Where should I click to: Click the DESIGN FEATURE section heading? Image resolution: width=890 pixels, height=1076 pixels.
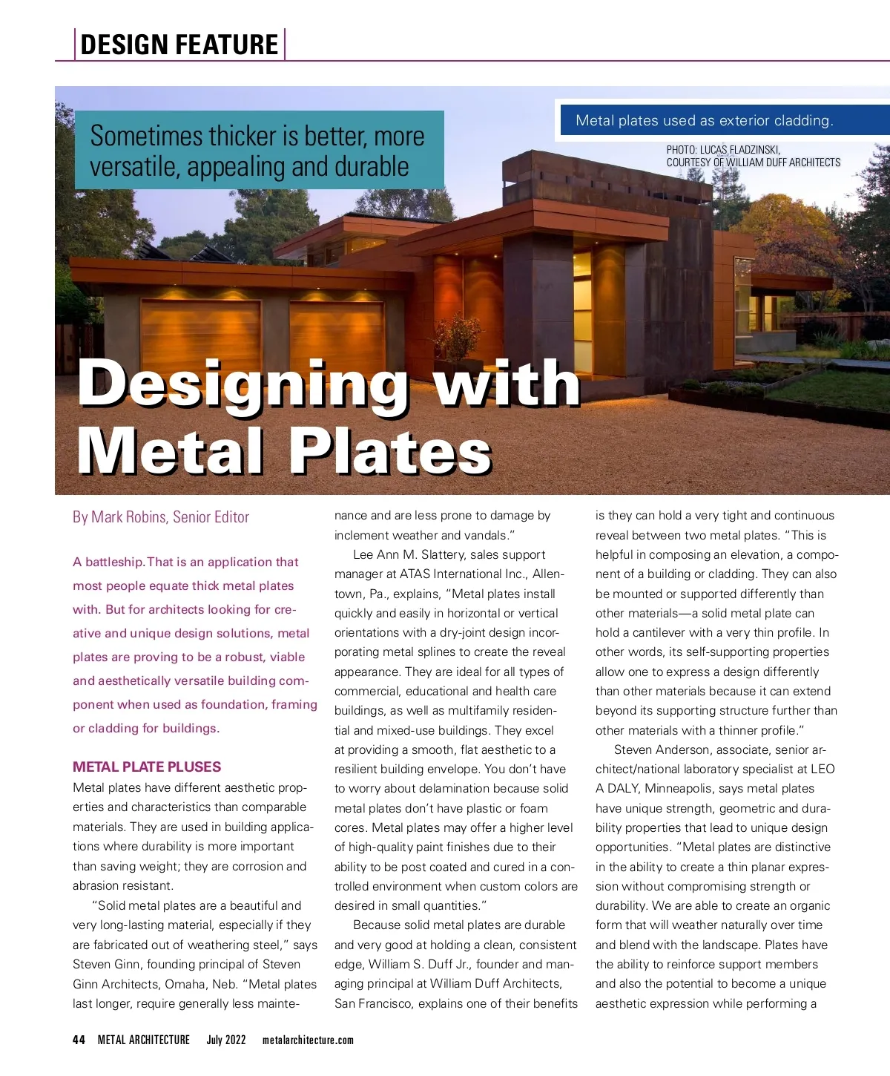pos(179,45)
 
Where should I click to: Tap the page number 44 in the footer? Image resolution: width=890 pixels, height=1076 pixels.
pos(79,1040)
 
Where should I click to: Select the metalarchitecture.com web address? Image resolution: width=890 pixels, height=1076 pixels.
pos(308,1040)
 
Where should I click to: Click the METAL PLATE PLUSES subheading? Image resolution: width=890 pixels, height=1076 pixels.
pos(147,767)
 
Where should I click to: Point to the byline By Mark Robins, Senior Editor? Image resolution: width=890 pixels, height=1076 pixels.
pos(161,517)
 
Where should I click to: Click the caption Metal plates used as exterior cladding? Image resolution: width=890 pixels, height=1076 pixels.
pos(705,120)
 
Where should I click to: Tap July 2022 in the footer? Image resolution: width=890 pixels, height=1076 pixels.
pos(226,1040)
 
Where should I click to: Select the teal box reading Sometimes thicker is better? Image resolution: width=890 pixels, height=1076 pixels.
pos(259,151)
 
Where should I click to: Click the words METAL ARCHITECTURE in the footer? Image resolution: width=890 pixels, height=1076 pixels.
pos(144,1040)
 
